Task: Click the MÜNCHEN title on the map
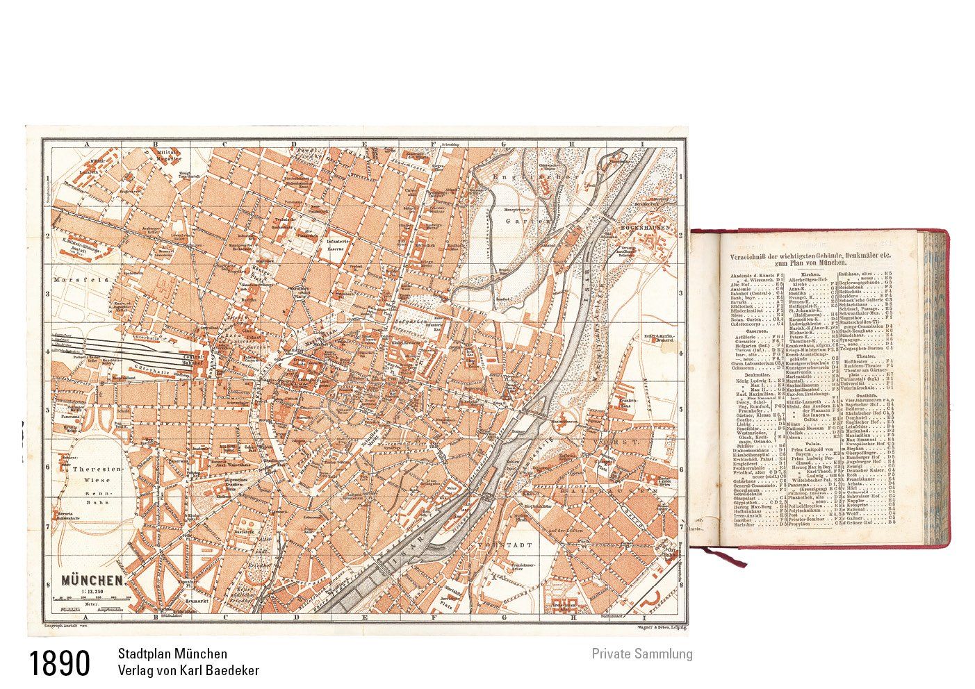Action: [x=93, y=579]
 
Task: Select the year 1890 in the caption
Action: [x=60, y=663]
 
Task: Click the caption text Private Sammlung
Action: [x=641, y=654]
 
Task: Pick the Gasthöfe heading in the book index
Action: [x=864, y=395]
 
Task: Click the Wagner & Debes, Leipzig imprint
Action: [x=655, y=627]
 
